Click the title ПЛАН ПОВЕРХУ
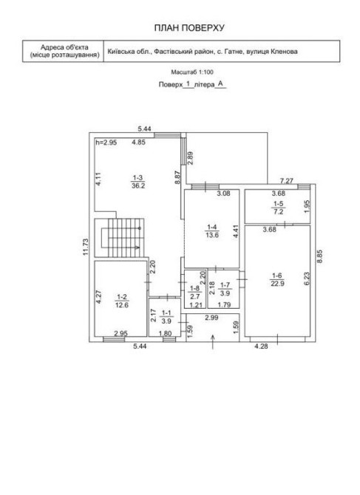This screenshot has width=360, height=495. (x=189, y=28)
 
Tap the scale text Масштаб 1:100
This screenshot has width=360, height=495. (x=192, y=72)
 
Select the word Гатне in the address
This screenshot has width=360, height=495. (x=234, y=51)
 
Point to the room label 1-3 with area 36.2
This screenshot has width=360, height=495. (x=138, y=182)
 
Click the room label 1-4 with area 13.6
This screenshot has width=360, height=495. (x=212, y=231)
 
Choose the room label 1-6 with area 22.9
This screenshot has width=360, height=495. (x=278, y=279)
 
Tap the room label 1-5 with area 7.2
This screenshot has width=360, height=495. (x=278, y=208)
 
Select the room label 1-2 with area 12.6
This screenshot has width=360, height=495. (x=122, y=301)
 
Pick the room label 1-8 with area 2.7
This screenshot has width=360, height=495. (x=195, y=293)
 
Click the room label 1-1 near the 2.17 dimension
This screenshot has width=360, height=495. (x=166, y=317)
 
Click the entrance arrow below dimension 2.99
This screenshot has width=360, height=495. (x=213, y=342)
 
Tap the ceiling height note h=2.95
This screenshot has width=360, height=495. (x=106, y=143)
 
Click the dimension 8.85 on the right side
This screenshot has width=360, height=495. (x=319, y=256)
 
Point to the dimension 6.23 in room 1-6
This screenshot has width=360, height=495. (x=307, y=279)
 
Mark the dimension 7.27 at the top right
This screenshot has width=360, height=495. (x=287, y=181)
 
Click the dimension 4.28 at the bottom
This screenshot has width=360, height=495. (x=261, y=346)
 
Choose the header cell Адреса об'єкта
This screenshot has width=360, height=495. (x=64, y=48)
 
